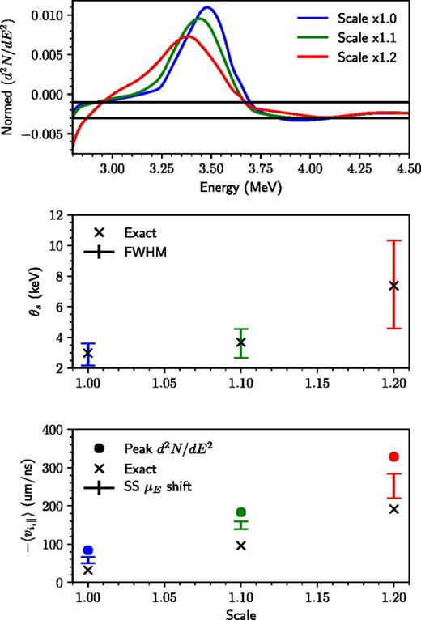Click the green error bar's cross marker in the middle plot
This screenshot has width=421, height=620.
pos(240,342)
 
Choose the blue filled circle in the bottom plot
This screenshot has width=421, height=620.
pos(87,550)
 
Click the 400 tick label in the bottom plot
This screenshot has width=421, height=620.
pos(51,431)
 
